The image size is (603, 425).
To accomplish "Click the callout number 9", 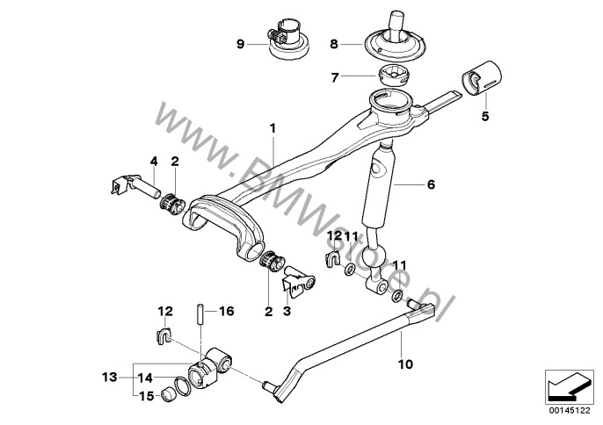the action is (240, 44).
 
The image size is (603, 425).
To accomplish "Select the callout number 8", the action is (334, 44).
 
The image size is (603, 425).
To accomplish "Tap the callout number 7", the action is (335, 78).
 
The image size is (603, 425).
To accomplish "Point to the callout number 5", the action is (485, 115).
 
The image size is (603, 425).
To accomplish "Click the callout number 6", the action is (431, 184).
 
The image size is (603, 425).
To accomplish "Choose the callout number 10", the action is (405, 364).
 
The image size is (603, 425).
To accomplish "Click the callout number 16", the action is (226, 311).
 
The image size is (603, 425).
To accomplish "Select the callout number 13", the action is (110, 377).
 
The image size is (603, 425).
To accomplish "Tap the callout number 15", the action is (147, 396).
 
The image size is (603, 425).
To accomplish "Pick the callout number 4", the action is (154, 162).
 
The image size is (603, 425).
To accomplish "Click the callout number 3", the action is (287, 311).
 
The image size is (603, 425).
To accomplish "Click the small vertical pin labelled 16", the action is (201, 315).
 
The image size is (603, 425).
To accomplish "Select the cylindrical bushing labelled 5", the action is (481, 77).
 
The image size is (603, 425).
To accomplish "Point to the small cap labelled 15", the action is (166, 394).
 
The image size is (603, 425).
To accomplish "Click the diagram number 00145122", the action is (570, 411).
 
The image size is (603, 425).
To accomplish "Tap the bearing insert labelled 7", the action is (394, 76).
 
